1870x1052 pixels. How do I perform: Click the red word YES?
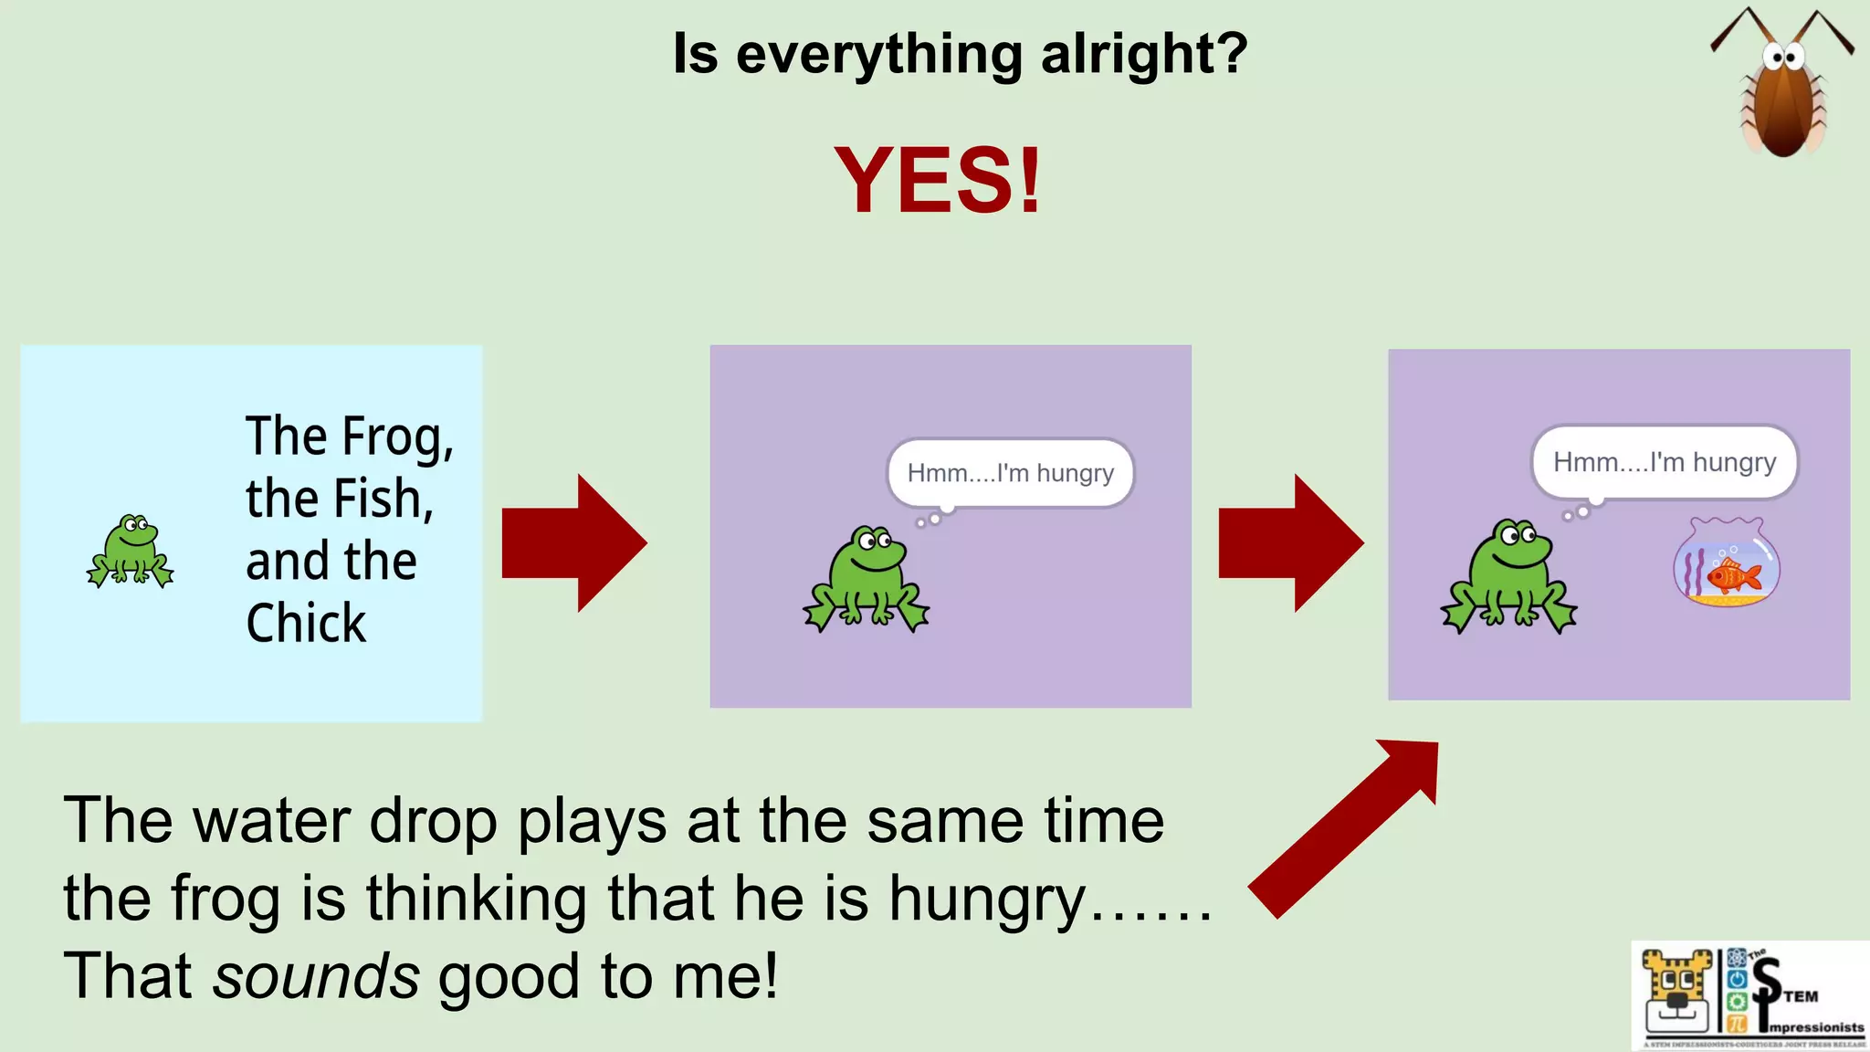coord(938,181)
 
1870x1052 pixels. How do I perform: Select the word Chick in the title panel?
coord(306,624)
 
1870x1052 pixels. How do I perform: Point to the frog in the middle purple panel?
coord(867,579)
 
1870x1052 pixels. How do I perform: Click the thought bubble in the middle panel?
coord(1010,473)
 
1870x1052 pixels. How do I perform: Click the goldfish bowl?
coord(1726,563)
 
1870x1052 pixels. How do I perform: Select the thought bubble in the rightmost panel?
coord(1664,462)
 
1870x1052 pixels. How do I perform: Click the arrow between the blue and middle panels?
coord(575,542)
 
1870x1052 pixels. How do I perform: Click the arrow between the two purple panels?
coord(1291,542)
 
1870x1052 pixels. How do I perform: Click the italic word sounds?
coord(316,976)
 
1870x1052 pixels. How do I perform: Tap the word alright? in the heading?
coord(1143,55)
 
